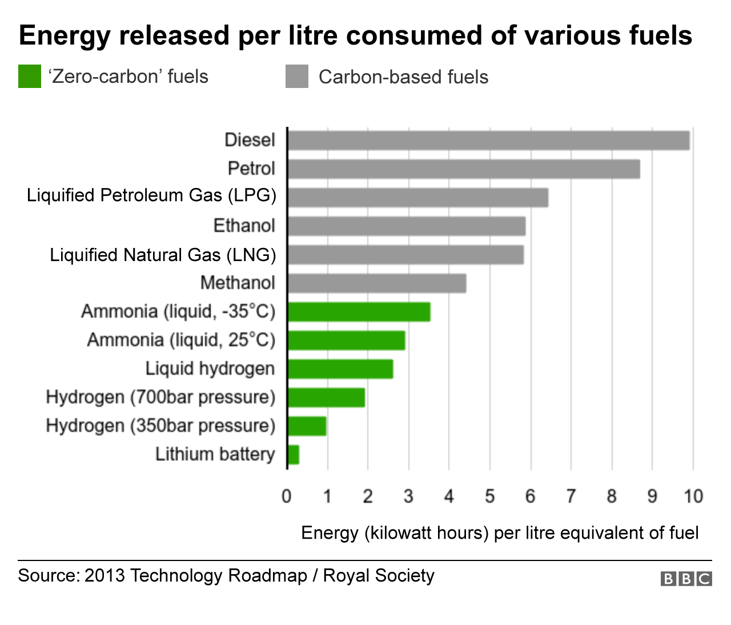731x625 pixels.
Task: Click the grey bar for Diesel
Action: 488,141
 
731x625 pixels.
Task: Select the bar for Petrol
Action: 463,169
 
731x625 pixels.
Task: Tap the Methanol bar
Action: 377,283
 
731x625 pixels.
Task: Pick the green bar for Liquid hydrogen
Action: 340,369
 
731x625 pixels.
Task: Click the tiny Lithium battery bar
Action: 294,455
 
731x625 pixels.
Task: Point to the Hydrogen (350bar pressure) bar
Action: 307,426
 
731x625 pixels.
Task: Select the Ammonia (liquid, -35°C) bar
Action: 359,312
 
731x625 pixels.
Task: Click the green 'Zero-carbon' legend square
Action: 30,77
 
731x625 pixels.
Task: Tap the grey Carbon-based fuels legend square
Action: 296,77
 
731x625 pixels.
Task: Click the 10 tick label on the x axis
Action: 693,496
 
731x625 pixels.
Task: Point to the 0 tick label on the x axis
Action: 287,496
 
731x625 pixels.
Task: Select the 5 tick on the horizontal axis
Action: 489,496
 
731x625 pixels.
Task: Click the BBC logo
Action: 686,579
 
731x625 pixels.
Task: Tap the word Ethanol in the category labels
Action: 244,226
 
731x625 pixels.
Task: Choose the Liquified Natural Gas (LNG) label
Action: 163,255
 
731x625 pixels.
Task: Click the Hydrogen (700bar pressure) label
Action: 160,397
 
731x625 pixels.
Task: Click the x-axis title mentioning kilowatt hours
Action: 500,532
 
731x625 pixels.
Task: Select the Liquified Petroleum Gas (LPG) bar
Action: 417,198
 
